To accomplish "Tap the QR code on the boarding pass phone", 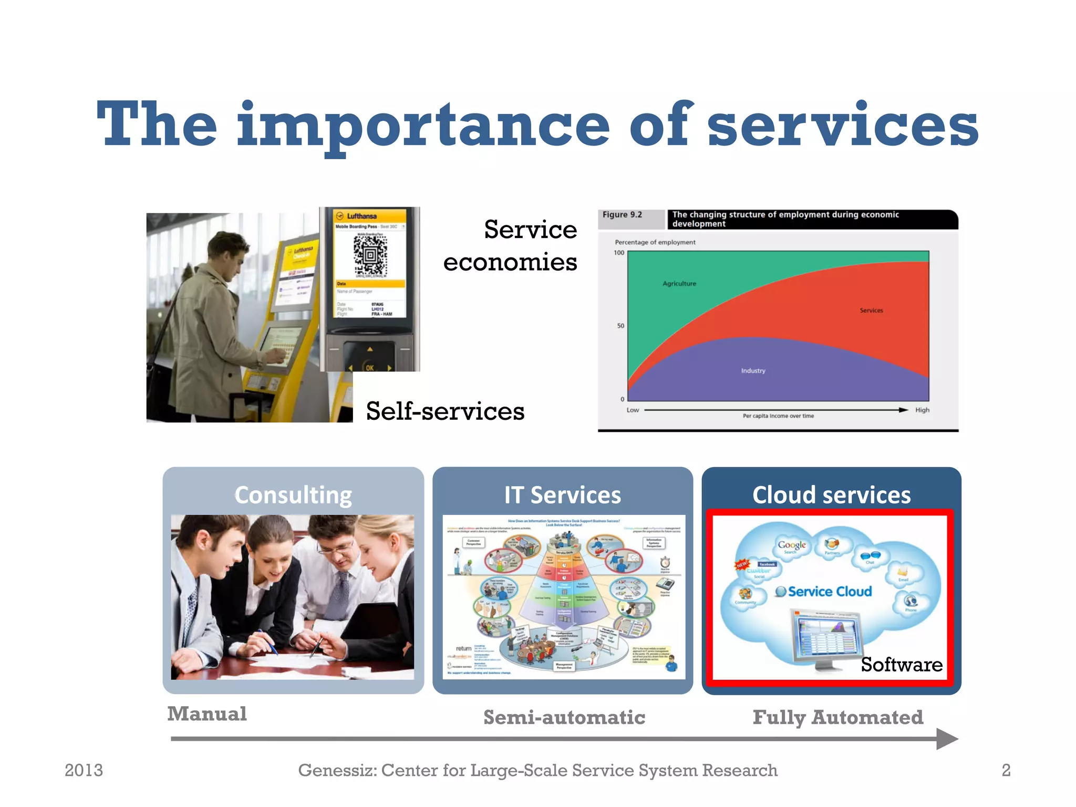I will (x=370, y=256).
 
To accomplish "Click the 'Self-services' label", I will (x=445, y=411).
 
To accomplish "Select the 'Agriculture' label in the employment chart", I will (x=679, y=284).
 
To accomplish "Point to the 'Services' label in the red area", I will (x=871, y=311).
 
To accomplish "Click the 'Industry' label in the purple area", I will (x=753, y=371).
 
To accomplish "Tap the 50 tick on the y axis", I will (x=620, y=326).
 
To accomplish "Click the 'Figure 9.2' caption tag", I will (x=623, y=215).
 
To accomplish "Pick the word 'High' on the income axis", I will (x=922, y=410).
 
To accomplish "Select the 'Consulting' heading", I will (x=293, y=495).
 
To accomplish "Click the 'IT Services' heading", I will (x=563, y=495).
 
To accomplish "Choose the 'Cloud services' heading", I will (x=831, y=495).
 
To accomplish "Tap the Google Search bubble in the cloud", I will (x=791, y=546).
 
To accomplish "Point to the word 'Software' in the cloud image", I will (x=902, y=665).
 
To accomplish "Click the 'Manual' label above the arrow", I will (x=207, y=714).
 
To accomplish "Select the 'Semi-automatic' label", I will (x=564, y=718).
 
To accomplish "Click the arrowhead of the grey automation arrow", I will (x=947, y=739).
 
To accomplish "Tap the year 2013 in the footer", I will (x=84, y=770).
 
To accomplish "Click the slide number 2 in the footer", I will (x=1006, y=770).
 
